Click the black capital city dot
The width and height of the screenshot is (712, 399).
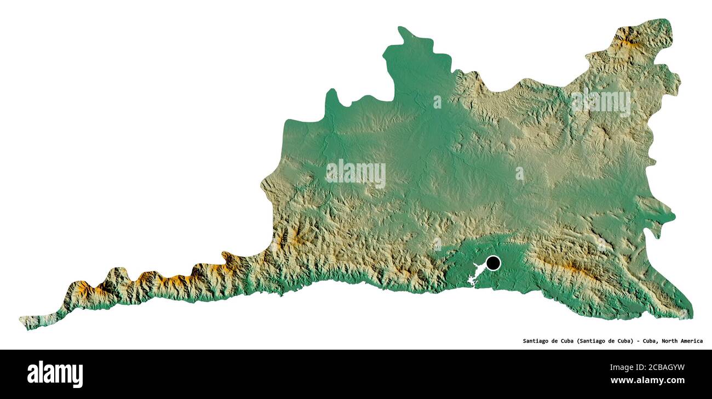[493, 263]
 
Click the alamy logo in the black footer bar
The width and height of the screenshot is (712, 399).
[55, 374]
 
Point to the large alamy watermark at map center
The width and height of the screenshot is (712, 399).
[355, 173]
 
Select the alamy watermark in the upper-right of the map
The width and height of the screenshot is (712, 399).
[600, 102]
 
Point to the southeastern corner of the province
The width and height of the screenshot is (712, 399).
[690, 316]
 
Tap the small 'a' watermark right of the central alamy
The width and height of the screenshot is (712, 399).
[519, 174]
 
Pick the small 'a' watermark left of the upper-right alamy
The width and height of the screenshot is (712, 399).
[437, 102]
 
